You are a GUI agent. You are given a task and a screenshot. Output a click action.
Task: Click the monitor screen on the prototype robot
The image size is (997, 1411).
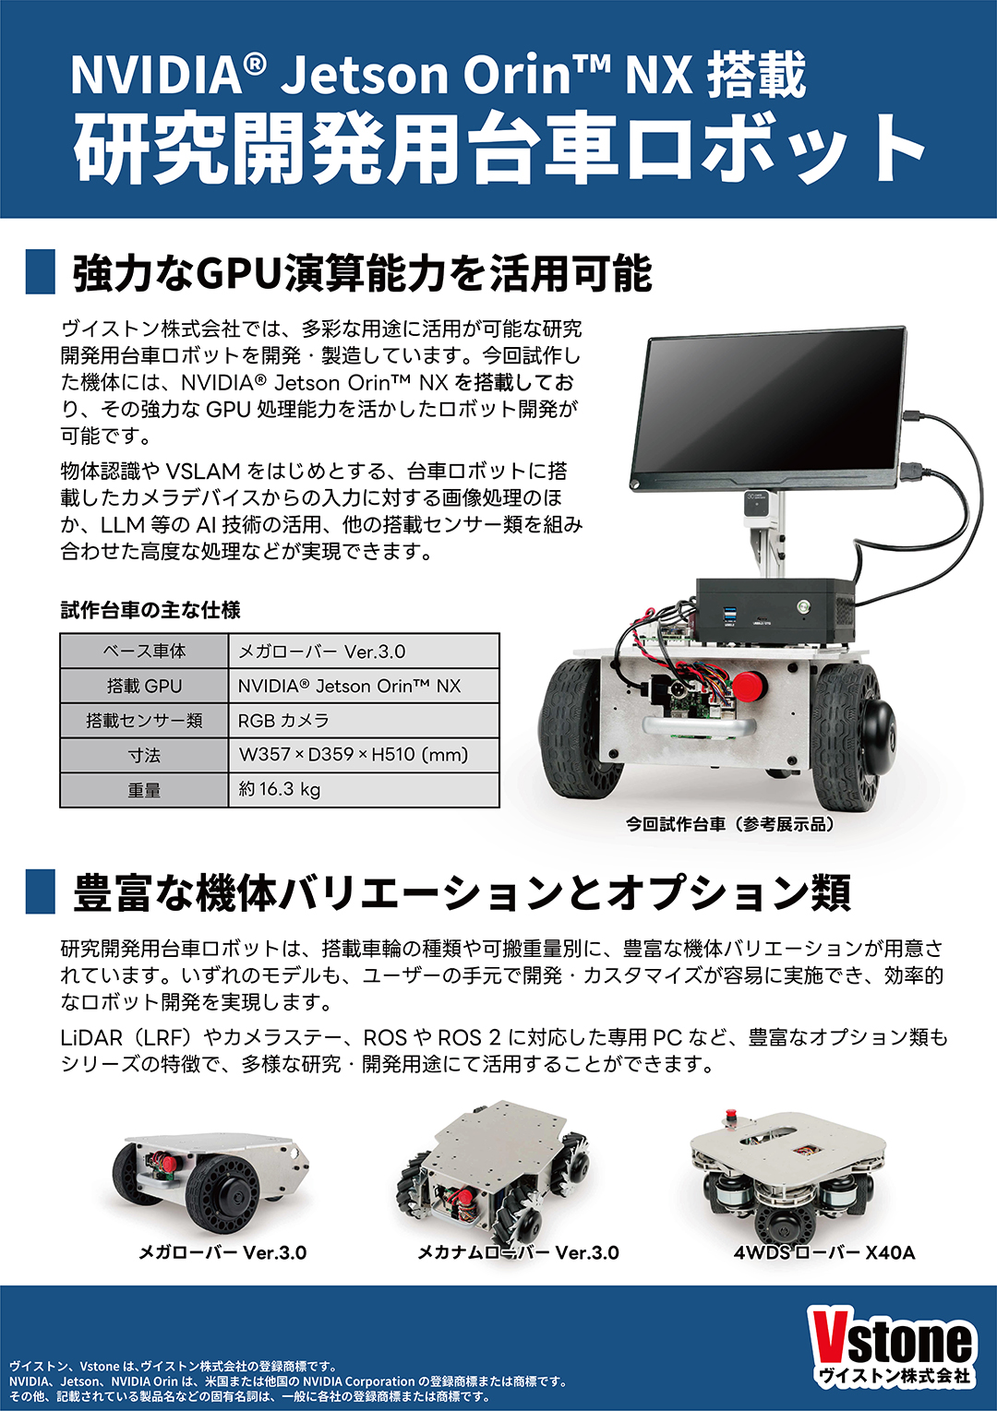click(x=769, y=406)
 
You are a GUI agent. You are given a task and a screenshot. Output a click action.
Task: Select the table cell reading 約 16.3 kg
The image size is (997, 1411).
click(x=364, y=789)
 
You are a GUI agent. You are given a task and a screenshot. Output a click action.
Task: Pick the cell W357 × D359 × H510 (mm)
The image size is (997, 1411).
click(x=364, y=755)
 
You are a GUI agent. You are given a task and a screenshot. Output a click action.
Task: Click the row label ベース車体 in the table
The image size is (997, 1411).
click(x=144, y=652)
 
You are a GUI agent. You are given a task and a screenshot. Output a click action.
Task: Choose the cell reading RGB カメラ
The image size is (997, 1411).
click(x=364, y=720)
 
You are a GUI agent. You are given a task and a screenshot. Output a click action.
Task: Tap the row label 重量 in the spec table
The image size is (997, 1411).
click(x=144, y=789)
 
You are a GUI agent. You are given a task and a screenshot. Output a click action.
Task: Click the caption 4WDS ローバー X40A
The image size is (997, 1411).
click(x=823, y=1252)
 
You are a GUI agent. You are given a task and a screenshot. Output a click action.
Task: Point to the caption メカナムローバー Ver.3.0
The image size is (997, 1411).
click(x=518, y=1252)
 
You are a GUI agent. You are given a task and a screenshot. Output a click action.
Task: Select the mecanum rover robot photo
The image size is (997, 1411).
click(x=493, y=1173)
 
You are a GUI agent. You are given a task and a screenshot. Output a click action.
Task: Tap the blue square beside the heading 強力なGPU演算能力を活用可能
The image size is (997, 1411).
click(x=41, y=272)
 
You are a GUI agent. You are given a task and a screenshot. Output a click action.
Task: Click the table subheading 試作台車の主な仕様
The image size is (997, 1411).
click(x=150, y=610)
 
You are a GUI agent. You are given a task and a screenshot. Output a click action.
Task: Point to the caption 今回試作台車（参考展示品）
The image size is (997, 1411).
click(x=730, y=824)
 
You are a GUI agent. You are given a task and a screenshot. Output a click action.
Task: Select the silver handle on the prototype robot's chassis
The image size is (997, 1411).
click(x=699, y=726)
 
